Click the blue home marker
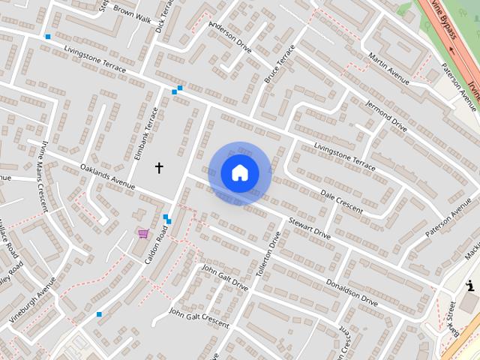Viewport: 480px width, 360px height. (x=240, y=172)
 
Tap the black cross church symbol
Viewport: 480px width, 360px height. (x=158, y=167)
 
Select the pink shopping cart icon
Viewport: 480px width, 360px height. (x=142, y=233)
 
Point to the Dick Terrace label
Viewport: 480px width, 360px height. (x=159, y=16)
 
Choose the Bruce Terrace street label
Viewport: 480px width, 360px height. (x=280, y=64)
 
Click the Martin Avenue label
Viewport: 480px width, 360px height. (x=389, y=67)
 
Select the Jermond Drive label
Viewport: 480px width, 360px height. (x=385, y=115)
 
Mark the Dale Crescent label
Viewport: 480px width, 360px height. (x=341, y=200)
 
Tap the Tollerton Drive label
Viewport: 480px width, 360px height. (x=267, y=253)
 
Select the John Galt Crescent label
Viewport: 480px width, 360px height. (x=199, y=317)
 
